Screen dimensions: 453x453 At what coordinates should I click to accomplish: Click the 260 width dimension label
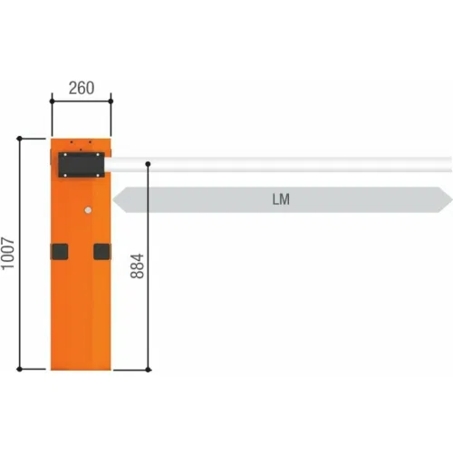(x=82, y=88)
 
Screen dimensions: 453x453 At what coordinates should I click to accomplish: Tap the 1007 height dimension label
(x=8, y=254)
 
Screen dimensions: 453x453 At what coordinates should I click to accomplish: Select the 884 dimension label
(x=137, y=265)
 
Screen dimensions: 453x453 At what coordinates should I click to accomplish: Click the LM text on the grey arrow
(x=281, y=199)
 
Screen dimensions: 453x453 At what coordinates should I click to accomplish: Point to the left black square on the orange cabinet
(x=60, y=252)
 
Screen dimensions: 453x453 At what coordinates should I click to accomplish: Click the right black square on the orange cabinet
(x=101, y=252)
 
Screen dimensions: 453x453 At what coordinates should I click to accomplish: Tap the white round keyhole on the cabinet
(x=88, y=210)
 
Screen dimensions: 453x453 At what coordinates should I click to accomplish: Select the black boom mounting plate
(x=82, y=165)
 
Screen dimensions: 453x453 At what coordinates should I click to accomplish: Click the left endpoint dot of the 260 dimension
(x=52, y=101)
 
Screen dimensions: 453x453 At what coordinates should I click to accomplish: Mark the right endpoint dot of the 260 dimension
(x=111, y=101)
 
